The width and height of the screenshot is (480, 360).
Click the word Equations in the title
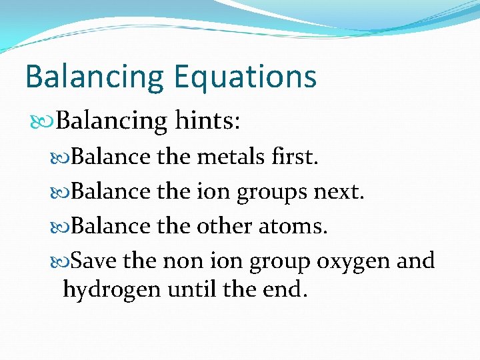245,77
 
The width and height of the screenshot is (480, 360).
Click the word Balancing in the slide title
93,77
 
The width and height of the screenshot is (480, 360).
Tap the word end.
284,289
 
